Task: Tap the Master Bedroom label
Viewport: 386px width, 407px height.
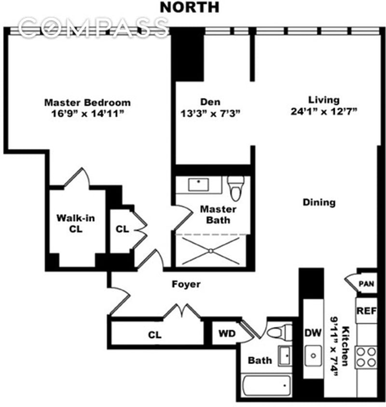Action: click(87, 103)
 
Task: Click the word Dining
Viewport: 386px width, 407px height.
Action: click(319, 202)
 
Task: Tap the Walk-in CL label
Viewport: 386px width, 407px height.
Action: click(76, 223)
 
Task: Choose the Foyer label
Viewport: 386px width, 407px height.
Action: click(186, 285)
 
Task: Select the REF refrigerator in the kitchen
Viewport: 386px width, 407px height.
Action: click(366, 311)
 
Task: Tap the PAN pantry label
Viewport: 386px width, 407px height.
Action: click(366, 284)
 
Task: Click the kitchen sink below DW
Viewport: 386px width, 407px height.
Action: click(313, 356)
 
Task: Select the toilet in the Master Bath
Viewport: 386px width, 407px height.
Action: click(236, 188)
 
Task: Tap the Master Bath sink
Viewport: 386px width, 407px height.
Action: click(198, 184)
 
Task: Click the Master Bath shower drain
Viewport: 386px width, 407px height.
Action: click(211, 250)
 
